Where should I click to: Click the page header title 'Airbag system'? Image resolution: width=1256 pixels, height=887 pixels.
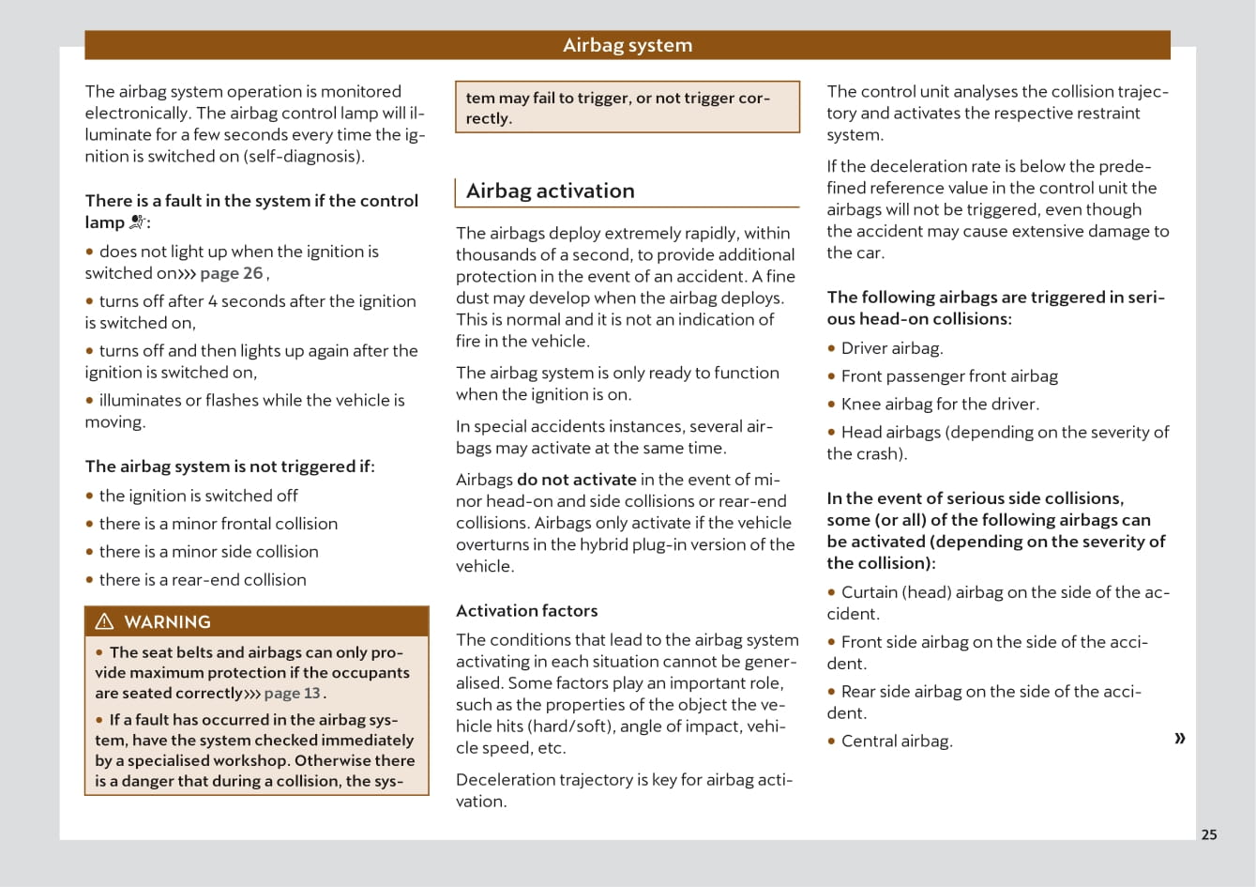[x=627, y=45]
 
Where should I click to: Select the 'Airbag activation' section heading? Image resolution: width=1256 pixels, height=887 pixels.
[x=550, y=191]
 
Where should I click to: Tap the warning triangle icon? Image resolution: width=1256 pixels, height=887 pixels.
[x=104, y=621]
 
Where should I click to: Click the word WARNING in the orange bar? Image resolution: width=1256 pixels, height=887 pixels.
[x=167, y=621]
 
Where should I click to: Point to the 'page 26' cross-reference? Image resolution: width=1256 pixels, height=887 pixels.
[x=231, y=273]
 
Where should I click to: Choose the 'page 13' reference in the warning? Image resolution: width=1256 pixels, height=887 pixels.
[x=292, y=694]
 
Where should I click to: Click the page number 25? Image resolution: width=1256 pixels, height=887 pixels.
[x=1209, y=834]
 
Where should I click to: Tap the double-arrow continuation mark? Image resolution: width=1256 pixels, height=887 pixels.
[x=1179, y=738]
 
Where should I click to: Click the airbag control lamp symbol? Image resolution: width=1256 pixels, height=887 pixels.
[x=138, y=222]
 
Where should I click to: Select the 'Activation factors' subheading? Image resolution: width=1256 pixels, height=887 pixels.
[x=526, y=610]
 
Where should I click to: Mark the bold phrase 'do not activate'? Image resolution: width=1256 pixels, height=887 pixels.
[x=576, y=480]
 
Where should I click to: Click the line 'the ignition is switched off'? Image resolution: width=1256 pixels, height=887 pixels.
[x=198, y=496]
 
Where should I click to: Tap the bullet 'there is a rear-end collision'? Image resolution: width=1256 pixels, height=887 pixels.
[x=202, y=580]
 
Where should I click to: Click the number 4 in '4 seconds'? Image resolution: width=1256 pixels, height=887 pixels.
[x=213, y=301]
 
